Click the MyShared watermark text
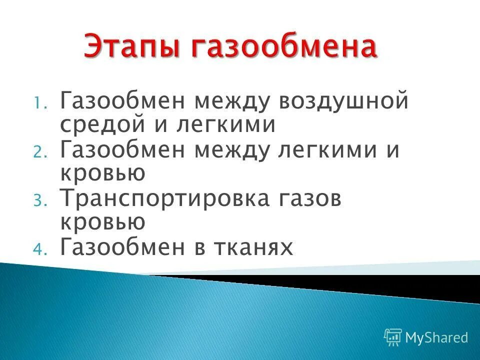click(x=436, y=337)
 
